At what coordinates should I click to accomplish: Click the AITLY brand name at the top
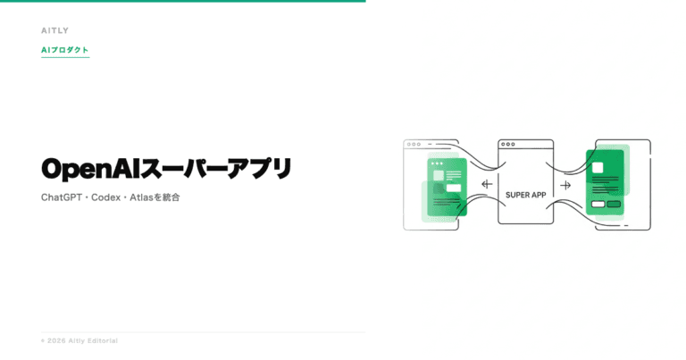tap(55, 30)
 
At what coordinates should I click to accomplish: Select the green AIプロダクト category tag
tap(65, 50)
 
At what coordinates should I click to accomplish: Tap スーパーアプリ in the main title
tap(215, 169)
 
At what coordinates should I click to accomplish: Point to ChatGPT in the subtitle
tap(62, 197)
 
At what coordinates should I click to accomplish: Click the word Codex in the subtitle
tap(106, 197)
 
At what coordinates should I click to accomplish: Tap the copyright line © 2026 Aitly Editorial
tap(79, 340)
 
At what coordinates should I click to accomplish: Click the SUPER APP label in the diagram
tap(526, 195)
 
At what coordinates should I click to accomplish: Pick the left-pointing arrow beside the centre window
tap(487, 184)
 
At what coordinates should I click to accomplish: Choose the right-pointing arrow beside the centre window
tap(565, 185)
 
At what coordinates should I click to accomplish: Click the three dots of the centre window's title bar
tap(508, 144)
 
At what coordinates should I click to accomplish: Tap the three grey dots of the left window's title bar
tap(414, 144)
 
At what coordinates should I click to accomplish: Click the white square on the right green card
tap(598, 168)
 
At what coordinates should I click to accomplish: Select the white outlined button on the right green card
tap(598, 205)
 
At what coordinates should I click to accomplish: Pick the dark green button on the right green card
tap(614, 205)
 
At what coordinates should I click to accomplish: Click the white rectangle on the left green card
tap(454, 188)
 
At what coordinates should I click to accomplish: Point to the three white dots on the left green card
tap(437, 163)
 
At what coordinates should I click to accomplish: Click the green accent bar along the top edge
tap(183, 1)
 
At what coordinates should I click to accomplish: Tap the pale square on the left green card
tap(439, 176)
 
